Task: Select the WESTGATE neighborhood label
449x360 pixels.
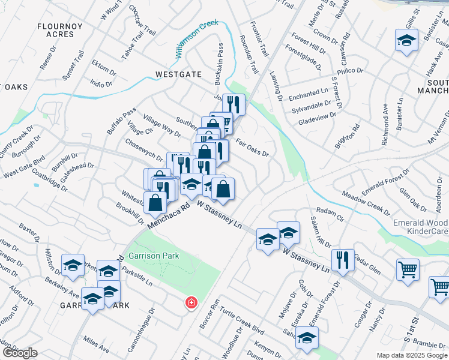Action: [178, 74]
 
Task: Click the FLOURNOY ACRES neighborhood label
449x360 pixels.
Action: [56, 30]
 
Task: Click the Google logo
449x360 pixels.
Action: [20, 352]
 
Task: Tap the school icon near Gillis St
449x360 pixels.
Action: [406, 41]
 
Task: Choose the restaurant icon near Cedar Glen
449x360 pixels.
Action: [343, 260]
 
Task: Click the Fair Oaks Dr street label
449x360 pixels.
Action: [252, 147]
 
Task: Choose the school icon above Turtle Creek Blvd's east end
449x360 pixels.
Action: [307, 338]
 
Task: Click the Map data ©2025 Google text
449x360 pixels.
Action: [411, 355]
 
